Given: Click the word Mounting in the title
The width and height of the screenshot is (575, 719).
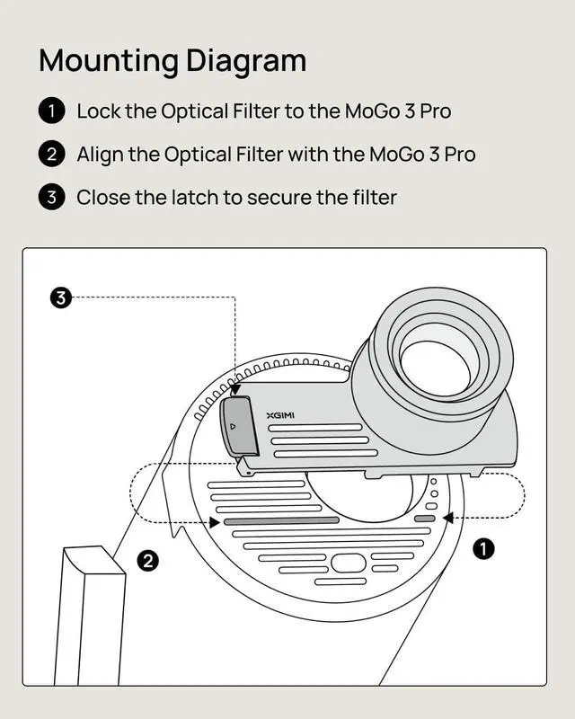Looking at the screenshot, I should pos(109,61).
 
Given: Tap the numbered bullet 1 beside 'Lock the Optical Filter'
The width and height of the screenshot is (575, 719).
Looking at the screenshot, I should pos(52,111).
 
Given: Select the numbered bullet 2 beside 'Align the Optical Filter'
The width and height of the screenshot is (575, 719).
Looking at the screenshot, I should pos(52,155).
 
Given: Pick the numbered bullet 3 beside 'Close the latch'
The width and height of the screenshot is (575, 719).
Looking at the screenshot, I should pos(52,197).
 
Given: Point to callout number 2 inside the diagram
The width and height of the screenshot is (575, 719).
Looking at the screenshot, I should pos(147,562).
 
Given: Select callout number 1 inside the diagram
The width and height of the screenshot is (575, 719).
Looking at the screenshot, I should pos(483,548).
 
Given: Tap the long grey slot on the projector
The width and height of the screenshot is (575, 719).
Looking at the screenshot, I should pos(280,520).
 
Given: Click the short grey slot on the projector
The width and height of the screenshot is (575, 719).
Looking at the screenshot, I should pos(424,519).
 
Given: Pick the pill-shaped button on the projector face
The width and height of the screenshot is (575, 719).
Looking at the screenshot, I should pos(349,564).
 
